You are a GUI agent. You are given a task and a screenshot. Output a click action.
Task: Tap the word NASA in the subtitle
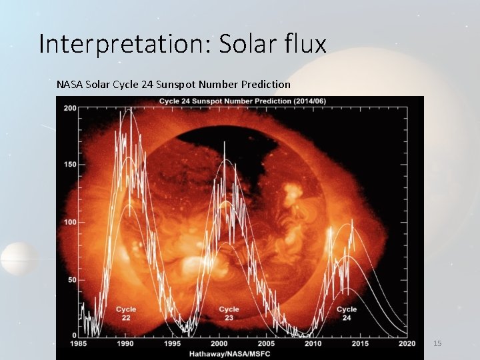70,85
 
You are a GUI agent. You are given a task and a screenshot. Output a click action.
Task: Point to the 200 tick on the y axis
69,108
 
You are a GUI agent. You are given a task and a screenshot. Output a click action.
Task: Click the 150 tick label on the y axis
69,165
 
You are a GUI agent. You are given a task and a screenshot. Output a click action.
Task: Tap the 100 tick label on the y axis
69,222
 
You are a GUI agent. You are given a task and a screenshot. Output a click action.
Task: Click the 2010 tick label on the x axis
313,343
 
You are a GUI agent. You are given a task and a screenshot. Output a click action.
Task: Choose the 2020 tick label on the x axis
407,343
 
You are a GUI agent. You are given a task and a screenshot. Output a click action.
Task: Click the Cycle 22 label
125,314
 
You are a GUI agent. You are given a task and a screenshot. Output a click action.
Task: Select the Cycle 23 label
229,314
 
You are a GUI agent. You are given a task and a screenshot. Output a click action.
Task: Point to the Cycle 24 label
347,314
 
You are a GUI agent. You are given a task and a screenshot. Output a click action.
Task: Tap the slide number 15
437,343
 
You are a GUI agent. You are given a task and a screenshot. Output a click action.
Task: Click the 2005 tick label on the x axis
267,343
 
